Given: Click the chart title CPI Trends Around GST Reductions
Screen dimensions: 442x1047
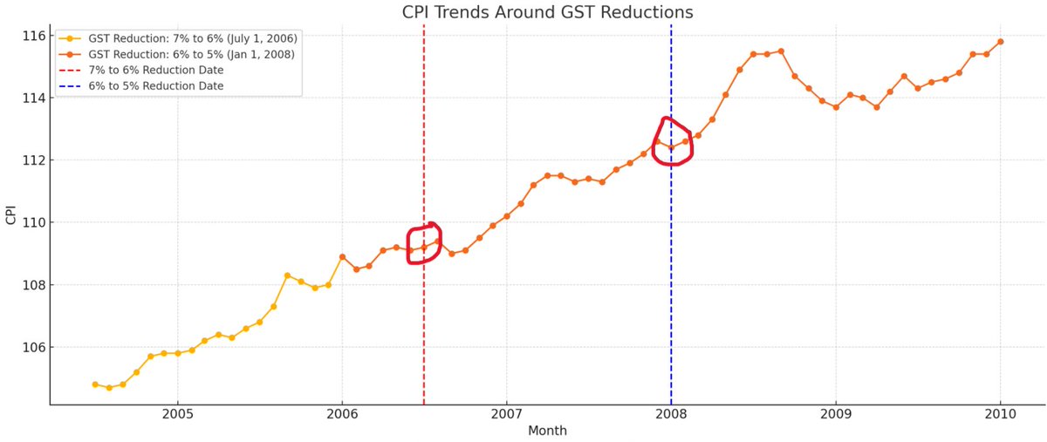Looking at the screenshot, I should [547, 12].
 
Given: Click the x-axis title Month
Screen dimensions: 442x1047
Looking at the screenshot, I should [547, 431].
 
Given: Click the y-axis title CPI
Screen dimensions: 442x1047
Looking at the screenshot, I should [11, 215].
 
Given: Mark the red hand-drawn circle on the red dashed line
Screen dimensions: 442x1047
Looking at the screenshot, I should [425, 243].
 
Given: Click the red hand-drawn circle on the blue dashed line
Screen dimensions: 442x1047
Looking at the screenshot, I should [672, 140].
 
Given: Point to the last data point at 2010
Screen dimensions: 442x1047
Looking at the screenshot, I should [1000, 41].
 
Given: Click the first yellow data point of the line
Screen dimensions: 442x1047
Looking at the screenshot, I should [95, 384].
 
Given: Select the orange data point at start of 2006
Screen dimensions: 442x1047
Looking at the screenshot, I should [342, 256].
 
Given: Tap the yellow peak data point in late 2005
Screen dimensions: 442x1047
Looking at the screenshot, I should [287, 275].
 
